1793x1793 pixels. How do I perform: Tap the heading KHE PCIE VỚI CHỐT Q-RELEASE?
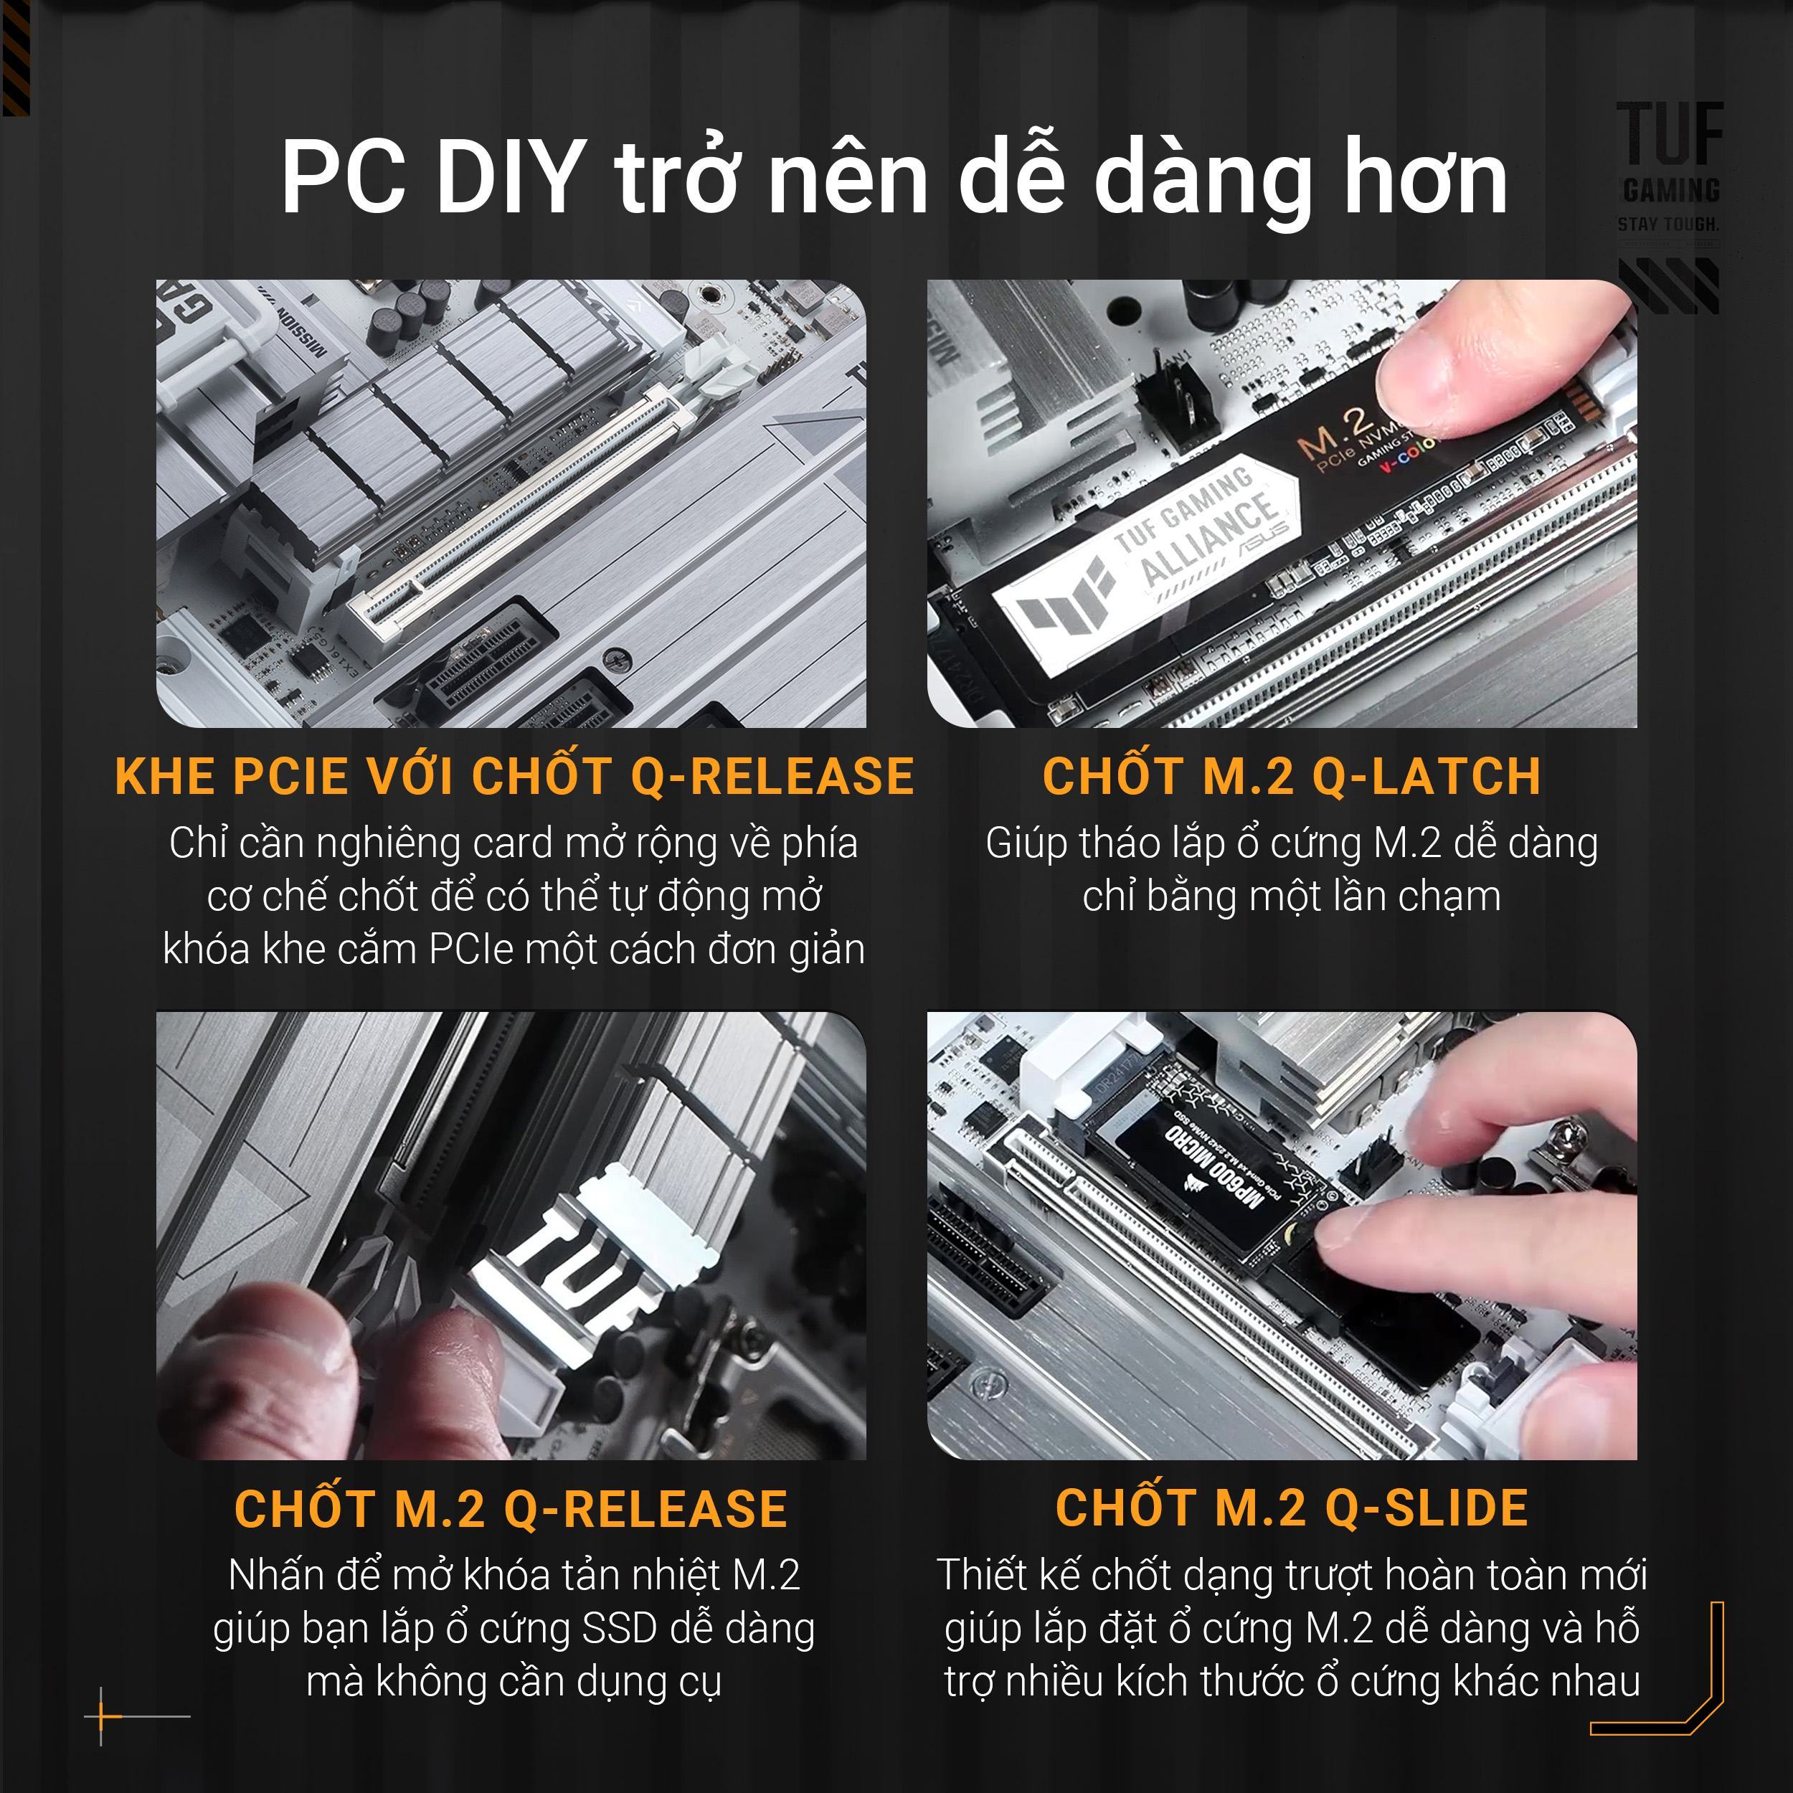click(514, 776)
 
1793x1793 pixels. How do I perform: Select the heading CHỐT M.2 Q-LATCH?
click(1291, 776)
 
